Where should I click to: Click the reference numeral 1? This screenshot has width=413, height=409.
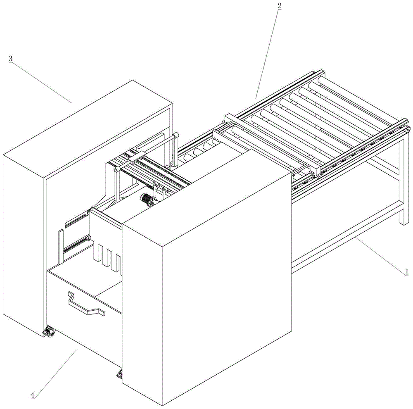(406, 272)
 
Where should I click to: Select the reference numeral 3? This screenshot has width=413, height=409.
(10, 59)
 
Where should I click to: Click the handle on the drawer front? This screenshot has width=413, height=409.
(85, 305)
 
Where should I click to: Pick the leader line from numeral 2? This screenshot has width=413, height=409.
(268, 52)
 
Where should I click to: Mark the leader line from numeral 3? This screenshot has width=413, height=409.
(41, 81)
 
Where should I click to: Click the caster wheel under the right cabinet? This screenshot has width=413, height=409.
(120, 374)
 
